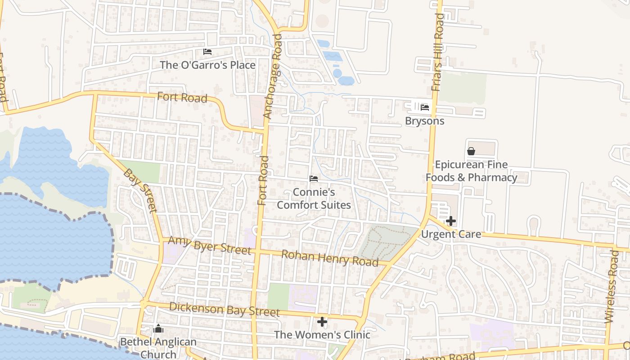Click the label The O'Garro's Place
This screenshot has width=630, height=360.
coord(207,65)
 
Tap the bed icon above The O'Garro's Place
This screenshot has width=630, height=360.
coord(207,52)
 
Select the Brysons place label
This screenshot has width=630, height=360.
coord(424,121)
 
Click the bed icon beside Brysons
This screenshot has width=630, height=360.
coord(424,107)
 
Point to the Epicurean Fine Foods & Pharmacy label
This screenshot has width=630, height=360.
coord(471,171)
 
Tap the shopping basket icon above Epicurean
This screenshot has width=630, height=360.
coord(471,151)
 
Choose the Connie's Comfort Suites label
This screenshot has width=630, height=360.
coord(314,198)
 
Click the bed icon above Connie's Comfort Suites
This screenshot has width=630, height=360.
coord(314,179)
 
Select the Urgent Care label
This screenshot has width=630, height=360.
coord(451,234)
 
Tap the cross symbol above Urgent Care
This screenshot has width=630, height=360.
coord(451,221)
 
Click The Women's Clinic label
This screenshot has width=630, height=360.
coord(322,335)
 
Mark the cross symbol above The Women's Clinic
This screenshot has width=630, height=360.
coord(322,322)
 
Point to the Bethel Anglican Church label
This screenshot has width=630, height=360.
coord(158,348)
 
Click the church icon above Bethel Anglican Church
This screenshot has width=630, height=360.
coord(158,329)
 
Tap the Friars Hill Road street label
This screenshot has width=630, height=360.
coord(438,52)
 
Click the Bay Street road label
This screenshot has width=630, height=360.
coord(140,190)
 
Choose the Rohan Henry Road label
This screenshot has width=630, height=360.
coord(329,258)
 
